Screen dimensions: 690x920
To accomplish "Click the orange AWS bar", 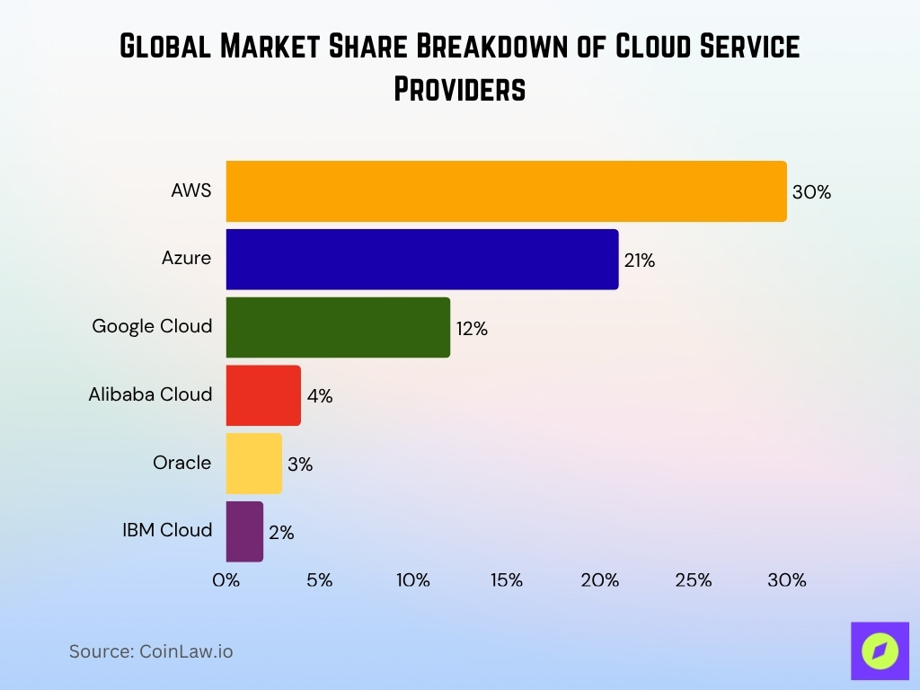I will click(506, 191).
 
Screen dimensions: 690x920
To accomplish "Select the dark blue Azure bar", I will click(422, 260).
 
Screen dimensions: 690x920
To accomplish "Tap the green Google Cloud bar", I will click(338, 327).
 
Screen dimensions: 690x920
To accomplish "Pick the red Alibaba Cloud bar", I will click(263, 395).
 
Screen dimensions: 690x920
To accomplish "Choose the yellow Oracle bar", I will click(253, 464).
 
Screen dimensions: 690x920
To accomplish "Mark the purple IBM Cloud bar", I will click(244, 531).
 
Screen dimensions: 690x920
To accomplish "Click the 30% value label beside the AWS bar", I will click(811, 192).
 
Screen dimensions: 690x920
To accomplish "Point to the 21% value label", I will click(640, 261).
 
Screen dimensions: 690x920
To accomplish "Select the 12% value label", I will click(472, 329).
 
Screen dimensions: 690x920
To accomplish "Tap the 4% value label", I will click(319, 396).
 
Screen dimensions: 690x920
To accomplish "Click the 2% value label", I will click(281, 533).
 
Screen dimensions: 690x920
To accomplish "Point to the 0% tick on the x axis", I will click(226, 580).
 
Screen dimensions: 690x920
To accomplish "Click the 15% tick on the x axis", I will click(507, 580).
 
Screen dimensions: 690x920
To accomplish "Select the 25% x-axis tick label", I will click(694, 580).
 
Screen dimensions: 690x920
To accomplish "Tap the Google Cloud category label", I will click(152, 326).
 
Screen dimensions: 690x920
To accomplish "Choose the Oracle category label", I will click(182, 463).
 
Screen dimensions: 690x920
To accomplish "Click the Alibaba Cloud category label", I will click(150, 394).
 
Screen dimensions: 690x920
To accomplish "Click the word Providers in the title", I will click(459, 89).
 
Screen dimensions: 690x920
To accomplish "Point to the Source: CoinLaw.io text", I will click(151, 651).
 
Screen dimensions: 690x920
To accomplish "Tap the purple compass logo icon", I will click(880, 651).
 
